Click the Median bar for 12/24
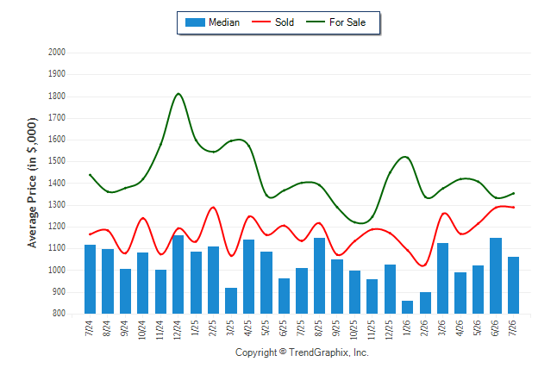pos(178,274)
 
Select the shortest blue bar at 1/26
pos(407,308)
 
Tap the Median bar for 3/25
pos(231,301)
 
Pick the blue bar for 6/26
pos(496,276)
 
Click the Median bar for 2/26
pos(425,303)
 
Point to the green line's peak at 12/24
pos(178,94)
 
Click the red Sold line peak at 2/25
pos(213,207)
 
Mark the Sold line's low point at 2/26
pos(423,265)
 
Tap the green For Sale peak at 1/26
pos(405,157)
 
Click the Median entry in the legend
pos(212,22)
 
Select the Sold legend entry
pos(272,22)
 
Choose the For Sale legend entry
pos(335,22)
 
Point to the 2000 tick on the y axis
pos(57,53)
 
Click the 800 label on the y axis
pos(59,314)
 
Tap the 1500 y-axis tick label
pos(57,161)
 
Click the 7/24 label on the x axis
pos(89,327)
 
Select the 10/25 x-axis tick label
pos(354,330)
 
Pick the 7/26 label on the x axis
pos(513,327)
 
